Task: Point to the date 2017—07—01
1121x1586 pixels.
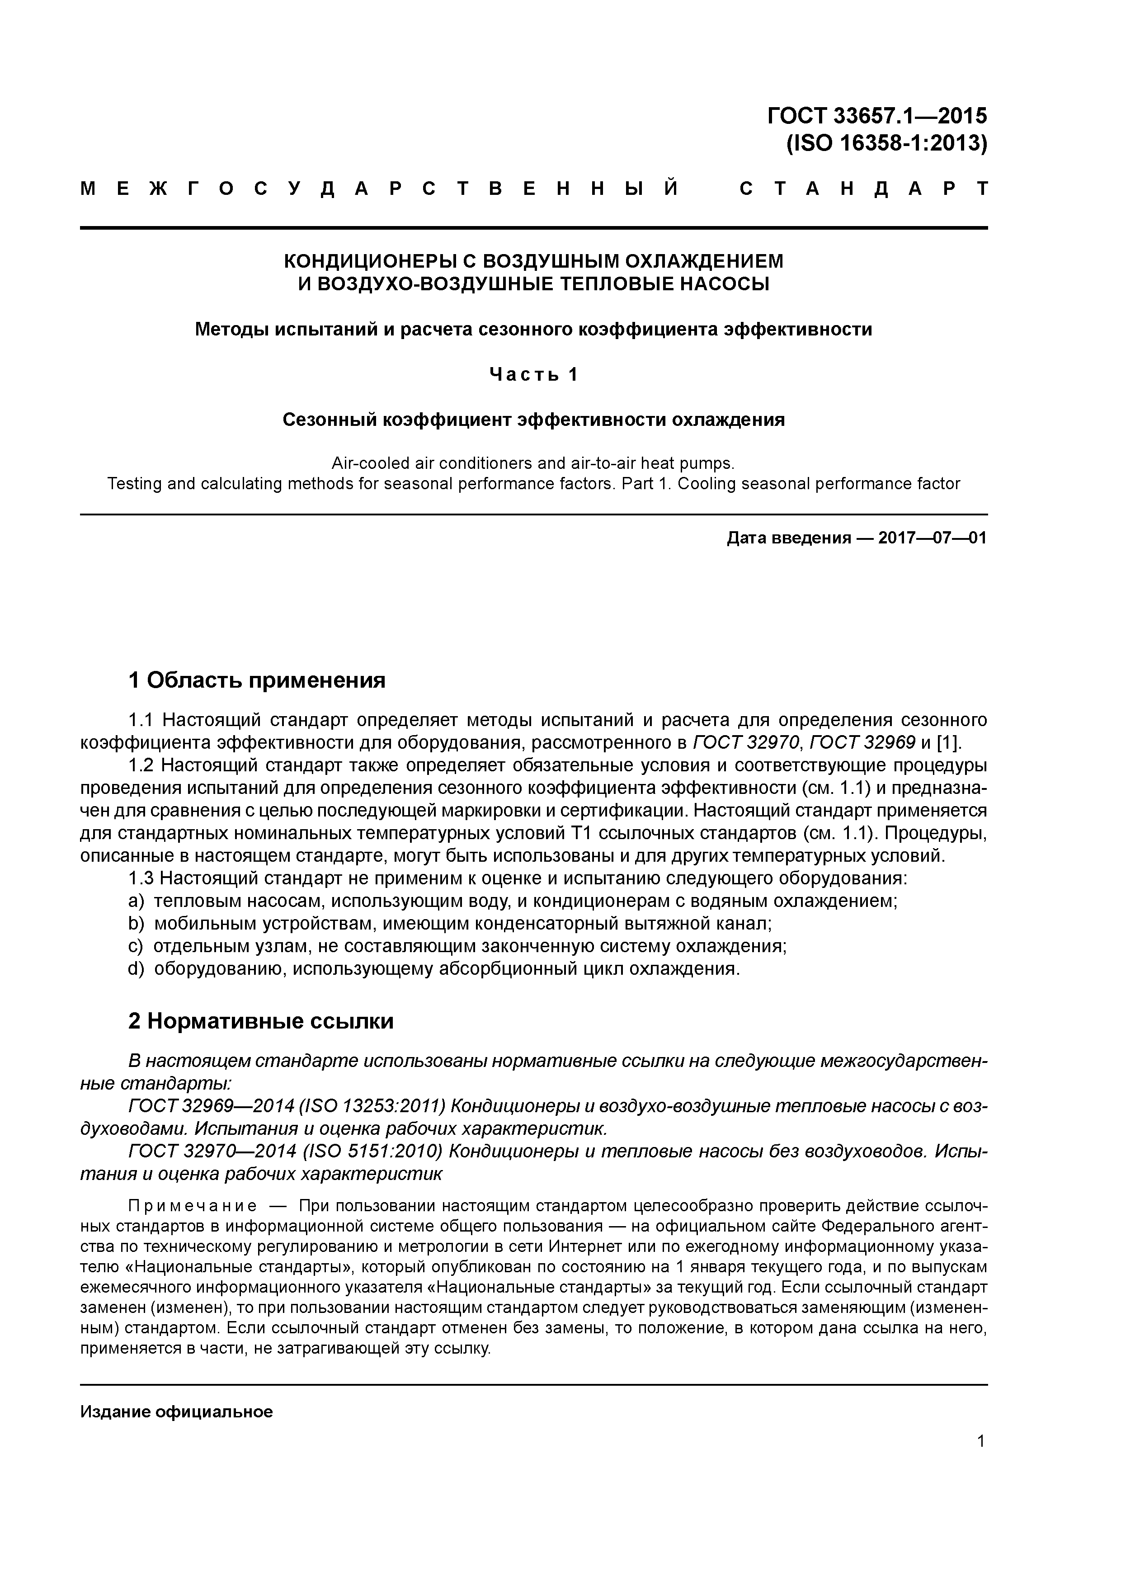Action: [933, 538]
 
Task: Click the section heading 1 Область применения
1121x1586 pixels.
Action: [257, 680]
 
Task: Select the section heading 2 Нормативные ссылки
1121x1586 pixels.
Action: [261, 1021]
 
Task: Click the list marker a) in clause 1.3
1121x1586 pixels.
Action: [135, 902]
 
